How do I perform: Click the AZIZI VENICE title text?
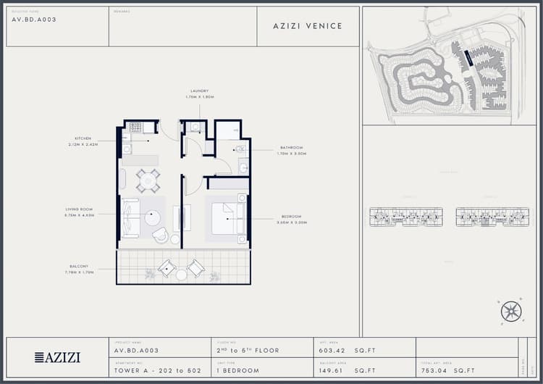308,26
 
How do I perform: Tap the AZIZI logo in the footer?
58,357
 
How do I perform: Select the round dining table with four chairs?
148,180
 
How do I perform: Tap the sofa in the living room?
130,217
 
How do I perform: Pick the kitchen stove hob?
136,128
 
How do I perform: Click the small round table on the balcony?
182,275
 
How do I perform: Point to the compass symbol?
511,312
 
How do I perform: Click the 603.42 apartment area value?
334,351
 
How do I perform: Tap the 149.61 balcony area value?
334,371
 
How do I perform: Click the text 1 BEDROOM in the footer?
237,371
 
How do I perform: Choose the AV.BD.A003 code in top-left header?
34,20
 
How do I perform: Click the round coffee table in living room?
153,217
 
